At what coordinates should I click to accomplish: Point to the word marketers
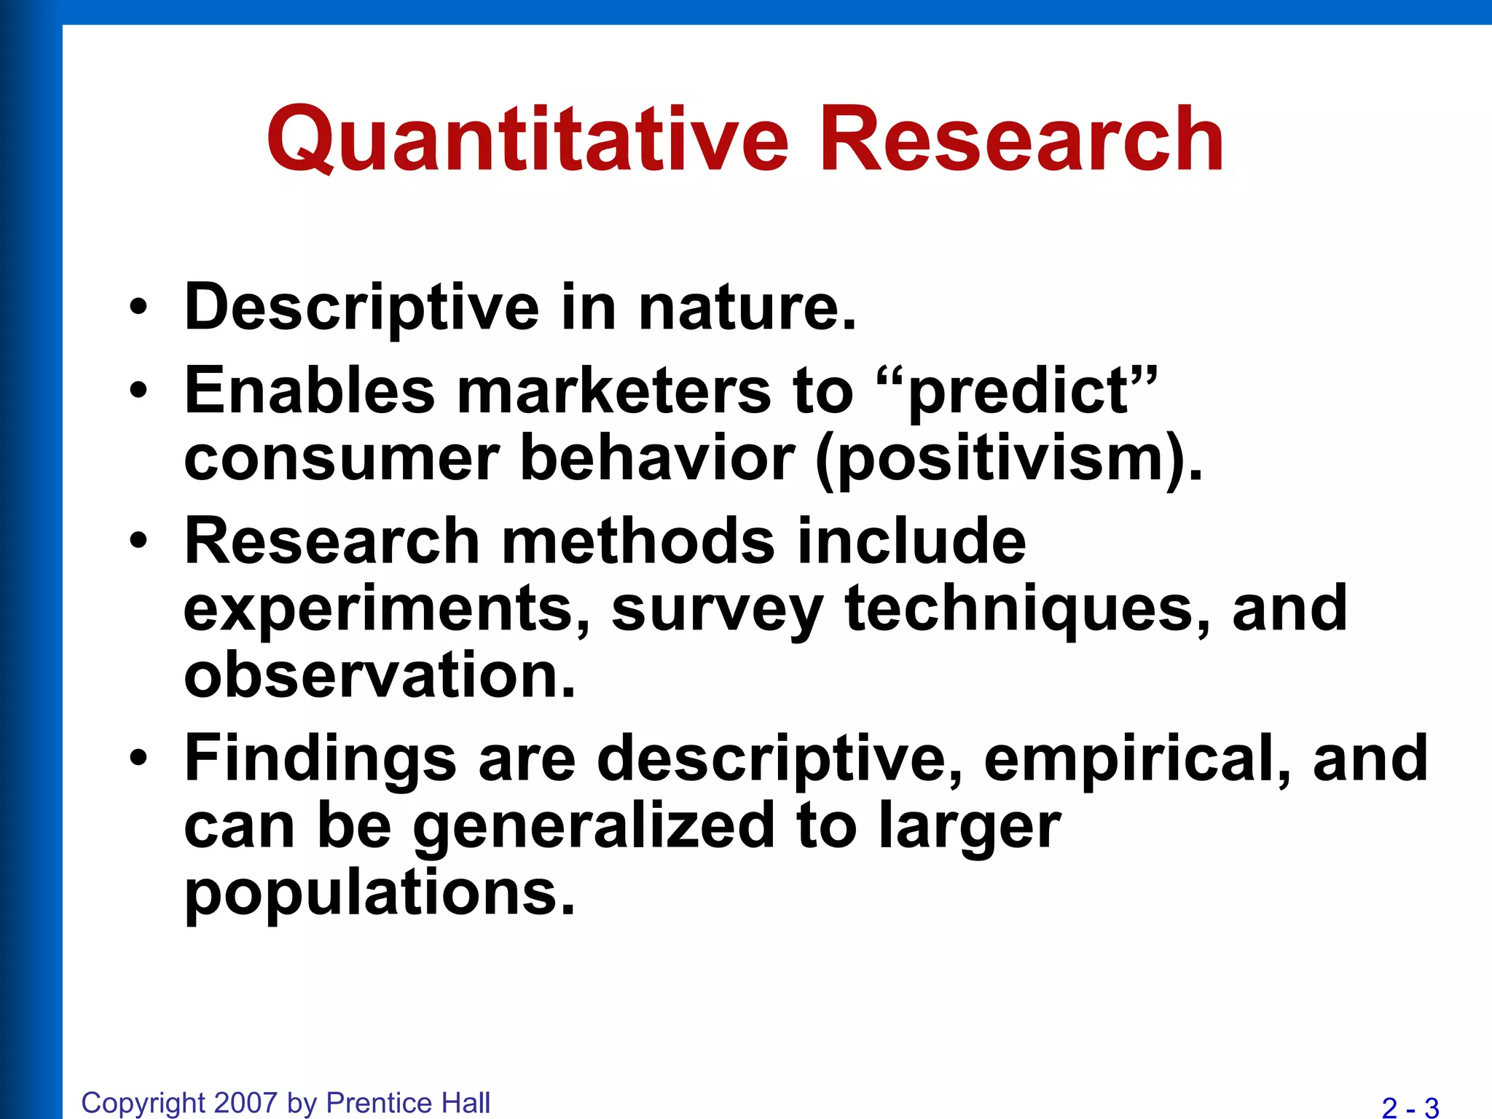[x=613, y=390]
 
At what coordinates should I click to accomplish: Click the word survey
[x=717, y=610]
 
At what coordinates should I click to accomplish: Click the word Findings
[x=321, y=759]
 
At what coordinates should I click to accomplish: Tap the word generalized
[x=594, y=827]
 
